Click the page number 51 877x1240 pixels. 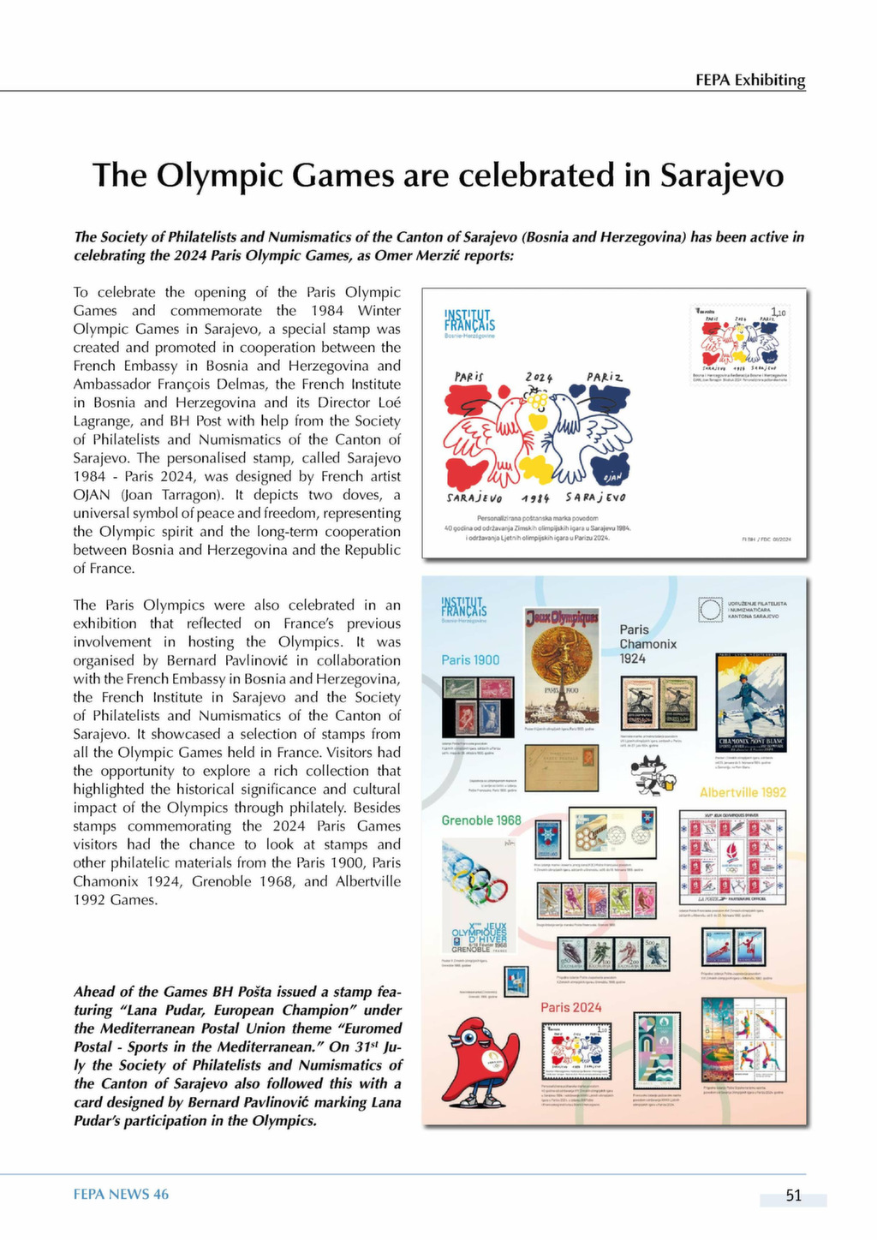pyautogui.click(x=794, y=1195)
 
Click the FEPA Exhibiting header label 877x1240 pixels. pyautogui.click(x=750, y=80)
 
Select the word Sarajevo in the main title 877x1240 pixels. pyautogui.click(x=721, y=175)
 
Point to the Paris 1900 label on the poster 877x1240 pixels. pyautogui.click(x=470, y=659)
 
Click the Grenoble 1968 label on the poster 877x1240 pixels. pyautogui.click(x=481, y=820)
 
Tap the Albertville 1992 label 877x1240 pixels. pyautogui.click(x=743, y=792)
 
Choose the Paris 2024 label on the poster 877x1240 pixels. pyautogui.click(x=570, y=1007)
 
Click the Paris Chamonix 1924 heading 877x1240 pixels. pyautogui.click(x=648, y=644)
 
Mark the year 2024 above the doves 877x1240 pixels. pyautogui.click(x=539, y=378)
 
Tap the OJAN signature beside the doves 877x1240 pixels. pyautogui.click(x=612, y=476)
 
